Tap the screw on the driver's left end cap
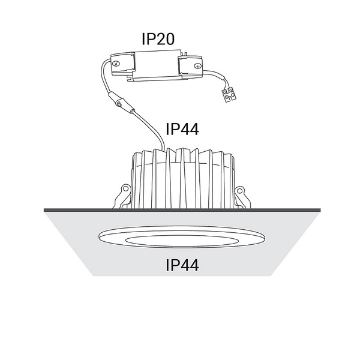click(116, 62)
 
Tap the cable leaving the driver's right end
click(215, 77)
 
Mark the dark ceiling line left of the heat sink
click(78, 209)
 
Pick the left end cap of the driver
click(121, 66)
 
